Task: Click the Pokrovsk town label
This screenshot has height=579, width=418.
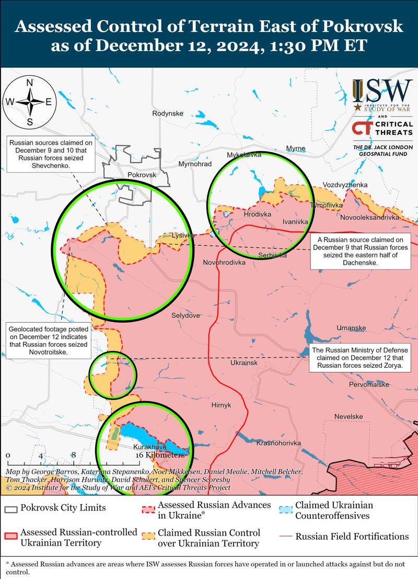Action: click(142, 174)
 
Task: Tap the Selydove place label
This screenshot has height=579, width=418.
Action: click(185, 315)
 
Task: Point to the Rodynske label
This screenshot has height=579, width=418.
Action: click(167, 113)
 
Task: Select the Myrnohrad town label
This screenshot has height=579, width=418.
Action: click(195, 164)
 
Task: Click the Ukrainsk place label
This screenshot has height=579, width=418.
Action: click(244, 362)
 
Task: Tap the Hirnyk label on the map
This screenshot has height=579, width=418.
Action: click(221, 405)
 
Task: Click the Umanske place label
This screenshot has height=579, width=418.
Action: click(351, 328)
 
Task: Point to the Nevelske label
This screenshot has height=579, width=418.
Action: click(349, 416)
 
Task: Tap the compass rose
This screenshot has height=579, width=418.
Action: click(30, 102)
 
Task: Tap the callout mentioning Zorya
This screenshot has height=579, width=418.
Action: click(357, 358)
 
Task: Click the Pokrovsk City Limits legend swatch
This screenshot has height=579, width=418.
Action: click(11, 508)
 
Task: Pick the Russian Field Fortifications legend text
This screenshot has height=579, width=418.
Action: click(352, 536)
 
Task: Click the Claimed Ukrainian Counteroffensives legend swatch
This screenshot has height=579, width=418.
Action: click(285, 509)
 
